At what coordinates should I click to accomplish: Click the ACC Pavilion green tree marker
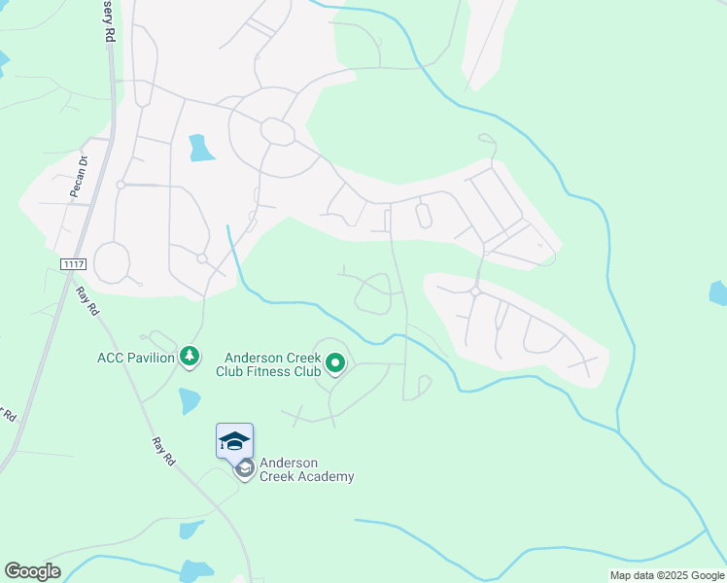click(190, 358)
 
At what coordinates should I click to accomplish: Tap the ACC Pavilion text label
click(135, 358)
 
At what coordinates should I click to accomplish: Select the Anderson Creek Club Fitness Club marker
click(335, 364)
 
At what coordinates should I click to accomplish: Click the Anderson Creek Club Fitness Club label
click(273, 364)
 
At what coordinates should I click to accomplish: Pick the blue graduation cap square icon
click(234, 441)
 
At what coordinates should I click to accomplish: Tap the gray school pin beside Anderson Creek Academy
click(245, 469)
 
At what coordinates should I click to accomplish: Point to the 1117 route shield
click(73, 264)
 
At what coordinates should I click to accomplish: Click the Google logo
click(32, 571)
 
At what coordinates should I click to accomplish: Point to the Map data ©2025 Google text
click(666, 575)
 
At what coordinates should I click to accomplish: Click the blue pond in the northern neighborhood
click(201, 148)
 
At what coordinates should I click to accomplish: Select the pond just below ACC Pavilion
click(190, 400)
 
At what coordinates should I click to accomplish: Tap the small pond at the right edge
click(718, 292)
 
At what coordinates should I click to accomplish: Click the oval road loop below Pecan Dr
click(111, 262)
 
